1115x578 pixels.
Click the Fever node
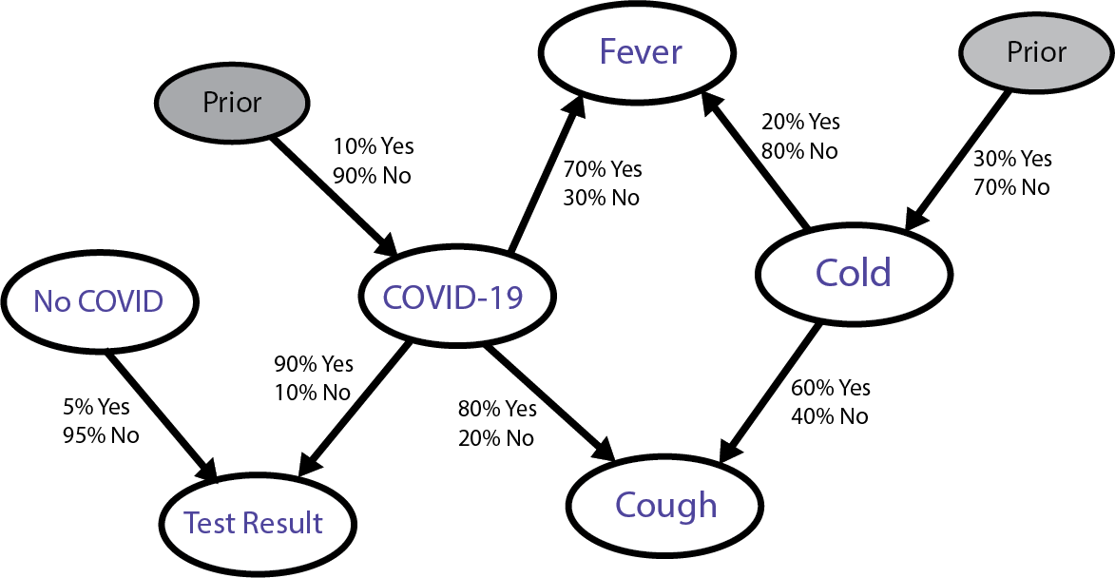[x=641, y=52]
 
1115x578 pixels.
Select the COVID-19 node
[x=452, y=298]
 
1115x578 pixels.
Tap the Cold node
[x=853, y=273]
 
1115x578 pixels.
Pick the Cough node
[x=665, y=505]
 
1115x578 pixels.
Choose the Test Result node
[x=254, y=523]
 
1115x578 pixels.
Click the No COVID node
[x=98, y=301]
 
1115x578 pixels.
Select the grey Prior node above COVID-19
[x=232, y=102]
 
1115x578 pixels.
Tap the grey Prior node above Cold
[x=1037, y=51]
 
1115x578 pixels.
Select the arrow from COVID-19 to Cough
[x=547, y=399]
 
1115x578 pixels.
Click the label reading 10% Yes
[x=373, y=147]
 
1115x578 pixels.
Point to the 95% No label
[x=100, y=435]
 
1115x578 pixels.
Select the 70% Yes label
[x=603, y=170]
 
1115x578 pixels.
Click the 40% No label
[x=830, y=416]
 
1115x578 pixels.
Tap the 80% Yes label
[x=497, y=410]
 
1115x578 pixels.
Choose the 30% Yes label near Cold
[x=1012, y=160]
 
